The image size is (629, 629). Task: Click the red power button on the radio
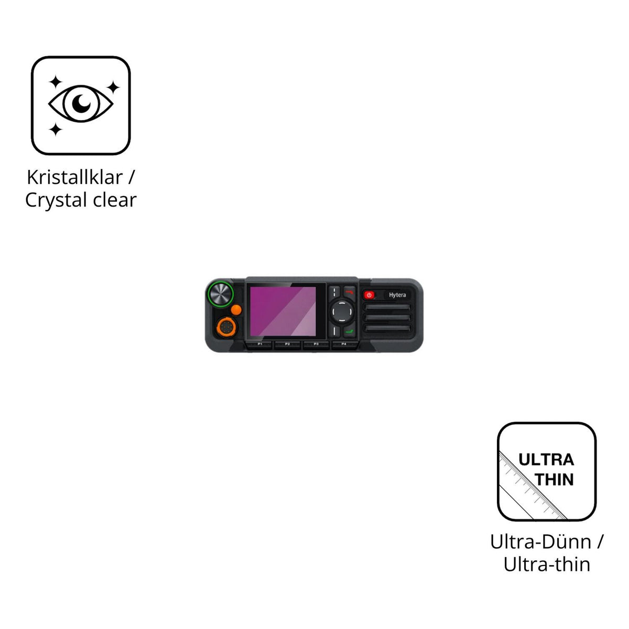369,295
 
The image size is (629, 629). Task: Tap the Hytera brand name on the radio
397,295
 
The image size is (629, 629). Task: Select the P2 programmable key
287,344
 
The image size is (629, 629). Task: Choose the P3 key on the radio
316,344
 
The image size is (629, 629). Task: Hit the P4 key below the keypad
344,344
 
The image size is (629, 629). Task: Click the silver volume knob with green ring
220,294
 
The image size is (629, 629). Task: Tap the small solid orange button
236,310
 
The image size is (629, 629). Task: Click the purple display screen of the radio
283,311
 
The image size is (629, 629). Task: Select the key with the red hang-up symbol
350,292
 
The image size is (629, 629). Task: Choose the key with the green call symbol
350,332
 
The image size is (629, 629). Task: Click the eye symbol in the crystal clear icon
81,103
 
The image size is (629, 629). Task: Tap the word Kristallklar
74,178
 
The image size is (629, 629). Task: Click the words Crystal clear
81,200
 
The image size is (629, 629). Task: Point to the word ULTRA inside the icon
546,460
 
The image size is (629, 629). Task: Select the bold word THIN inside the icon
554,480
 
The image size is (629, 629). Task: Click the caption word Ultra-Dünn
541,542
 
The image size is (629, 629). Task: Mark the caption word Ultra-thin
547,565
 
